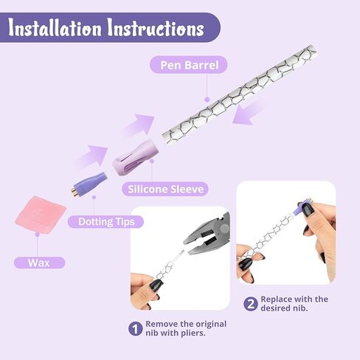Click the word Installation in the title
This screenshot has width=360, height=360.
click(x=55, y=29)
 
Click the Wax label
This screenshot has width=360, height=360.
click(x=39, y=262)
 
